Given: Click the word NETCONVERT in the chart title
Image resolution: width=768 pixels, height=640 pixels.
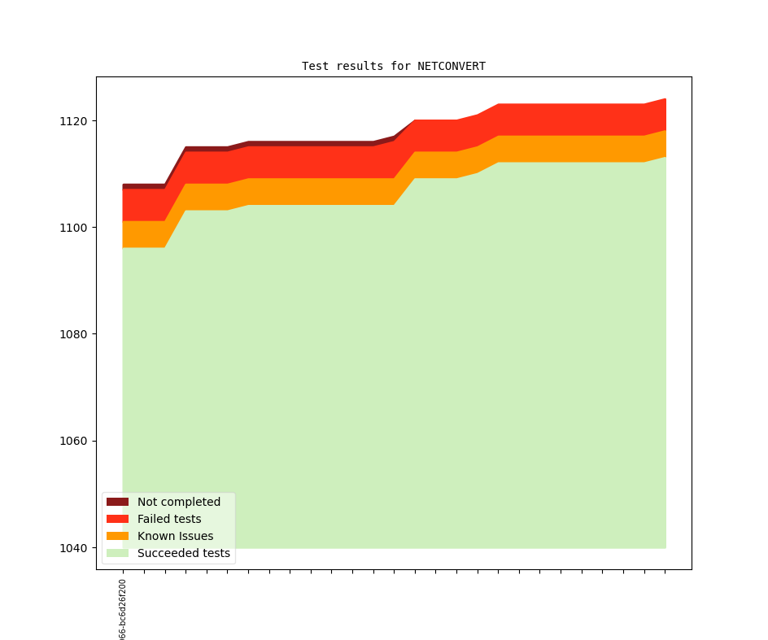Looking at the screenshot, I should pos(452,66).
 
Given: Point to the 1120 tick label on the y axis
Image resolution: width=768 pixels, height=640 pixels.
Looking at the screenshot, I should pos(73,121).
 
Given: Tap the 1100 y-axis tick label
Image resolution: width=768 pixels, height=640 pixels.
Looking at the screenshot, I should pos(73,228).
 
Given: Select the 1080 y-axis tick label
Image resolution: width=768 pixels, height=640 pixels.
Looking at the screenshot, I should pos(73,334).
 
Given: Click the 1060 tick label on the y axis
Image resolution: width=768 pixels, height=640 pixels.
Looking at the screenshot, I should pos(73,442).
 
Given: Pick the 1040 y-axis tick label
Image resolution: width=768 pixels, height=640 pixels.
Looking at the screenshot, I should pos(73,548).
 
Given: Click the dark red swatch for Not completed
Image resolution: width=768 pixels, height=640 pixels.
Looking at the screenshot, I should pos(117,502).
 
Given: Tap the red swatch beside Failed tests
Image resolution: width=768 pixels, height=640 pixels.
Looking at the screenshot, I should pos(117,519).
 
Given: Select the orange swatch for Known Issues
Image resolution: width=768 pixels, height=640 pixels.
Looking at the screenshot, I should pos(117,536).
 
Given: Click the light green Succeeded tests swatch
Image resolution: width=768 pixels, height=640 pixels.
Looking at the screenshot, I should pos(117,553).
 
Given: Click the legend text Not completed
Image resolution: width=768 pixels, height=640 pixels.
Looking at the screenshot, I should pos(179,502).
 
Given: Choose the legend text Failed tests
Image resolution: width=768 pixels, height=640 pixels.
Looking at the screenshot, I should pos(169,519).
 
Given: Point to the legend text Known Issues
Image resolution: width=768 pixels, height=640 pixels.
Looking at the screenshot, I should pos(175,536).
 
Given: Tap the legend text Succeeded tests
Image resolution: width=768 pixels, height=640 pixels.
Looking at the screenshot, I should pos(184,553).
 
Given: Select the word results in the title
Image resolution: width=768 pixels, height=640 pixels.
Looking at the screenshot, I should pos(360,66).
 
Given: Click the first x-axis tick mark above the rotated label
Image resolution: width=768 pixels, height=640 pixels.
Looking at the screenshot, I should pos(123,572).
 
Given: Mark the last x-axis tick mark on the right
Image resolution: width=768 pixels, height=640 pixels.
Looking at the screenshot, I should pos(665,572).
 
